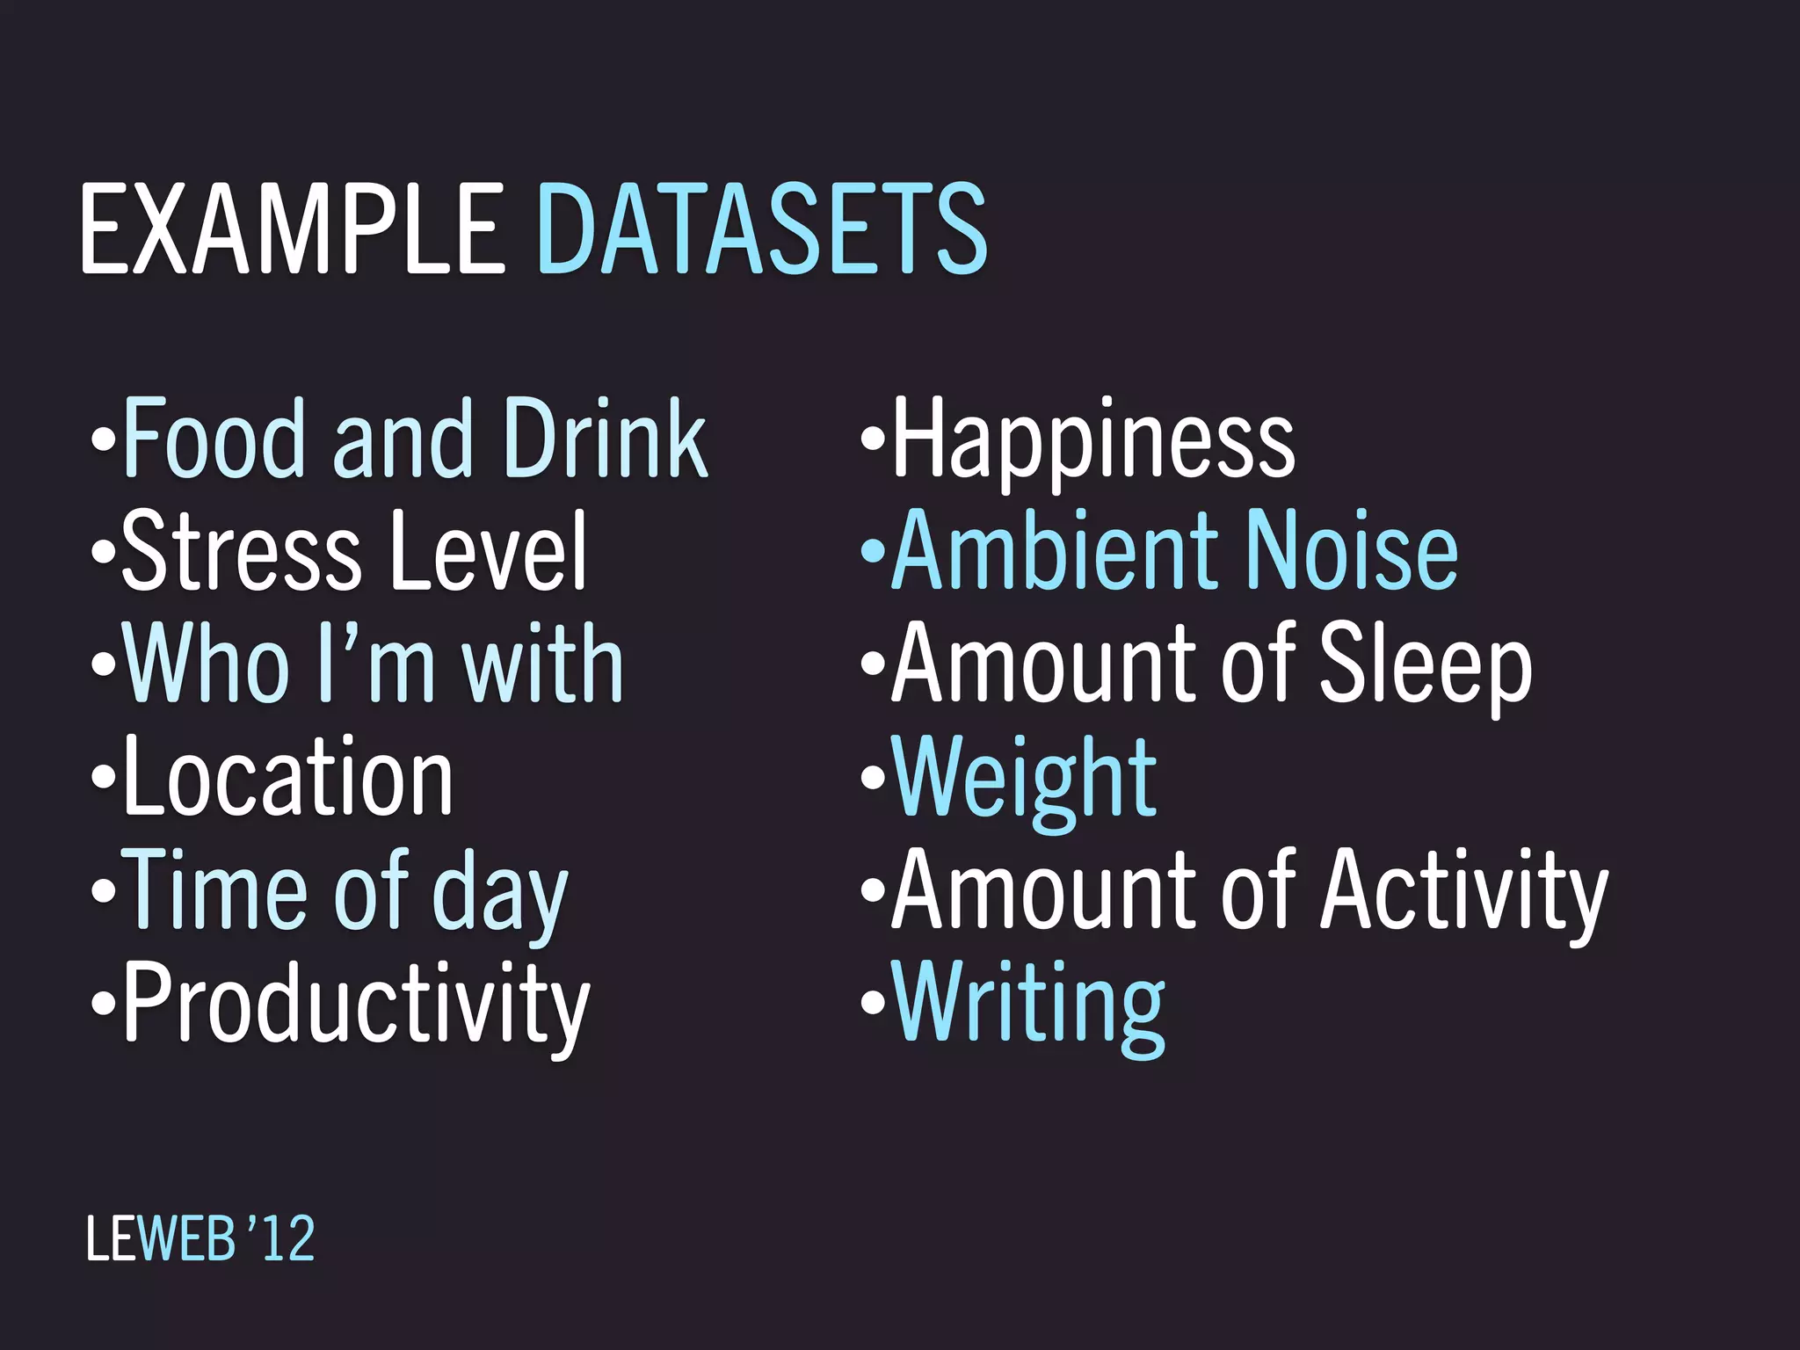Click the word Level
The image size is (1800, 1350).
tap(488, 551)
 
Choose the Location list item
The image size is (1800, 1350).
tap(288, 777)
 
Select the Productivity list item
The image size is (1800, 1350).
tap(356, 1004)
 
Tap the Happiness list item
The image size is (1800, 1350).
tap(1093, 439)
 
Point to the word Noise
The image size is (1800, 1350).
tap(1353, 551)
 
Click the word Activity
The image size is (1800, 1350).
tap(1465, 891)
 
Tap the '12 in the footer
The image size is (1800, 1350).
tap(279, 1238)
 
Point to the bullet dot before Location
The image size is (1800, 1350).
tap(103, 777)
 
